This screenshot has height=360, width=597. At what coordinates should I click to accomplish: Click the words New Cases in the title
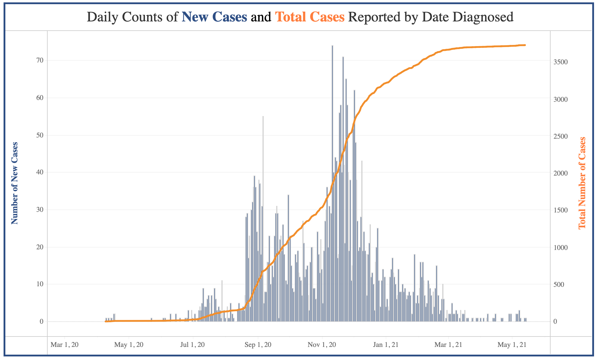[214, 17]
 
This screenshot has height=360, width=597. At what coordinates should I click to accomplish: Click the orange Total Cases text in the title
[310, 17]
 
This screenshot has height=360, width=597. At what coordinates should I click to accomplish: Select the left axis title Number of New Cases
[15, 183]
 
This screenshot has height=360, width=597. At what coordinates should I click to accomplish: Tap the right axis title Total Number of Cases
[582, 183]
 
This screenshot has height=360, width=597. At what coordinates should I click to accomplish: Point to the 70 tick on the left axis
[40, 61]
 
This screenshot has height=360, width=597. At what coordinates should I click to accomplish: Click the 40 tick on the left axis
[40, 173]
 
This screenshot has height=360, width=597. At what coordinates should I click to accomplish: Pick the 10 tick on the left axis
[40, 284]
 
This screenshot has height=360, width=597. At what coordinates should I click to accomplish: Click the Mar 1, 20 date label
[65, 345]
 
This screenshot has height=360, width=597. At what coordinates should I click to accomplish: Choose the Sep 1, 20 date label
[257, 345]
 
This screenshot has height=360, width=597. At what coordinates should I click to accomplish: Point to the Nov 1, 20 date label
[322, 345]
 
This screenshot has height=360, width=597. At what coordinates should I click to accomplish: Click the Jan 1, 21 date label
[386, 345]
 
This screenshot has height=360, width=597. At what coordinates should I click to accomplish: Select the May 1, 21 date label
[512, 345]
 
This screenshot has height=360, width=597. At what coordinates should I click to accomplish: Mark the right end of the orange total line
[525, 45]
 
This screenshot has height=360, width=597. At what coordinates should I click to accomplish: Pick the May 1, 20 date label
[129, 345]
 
